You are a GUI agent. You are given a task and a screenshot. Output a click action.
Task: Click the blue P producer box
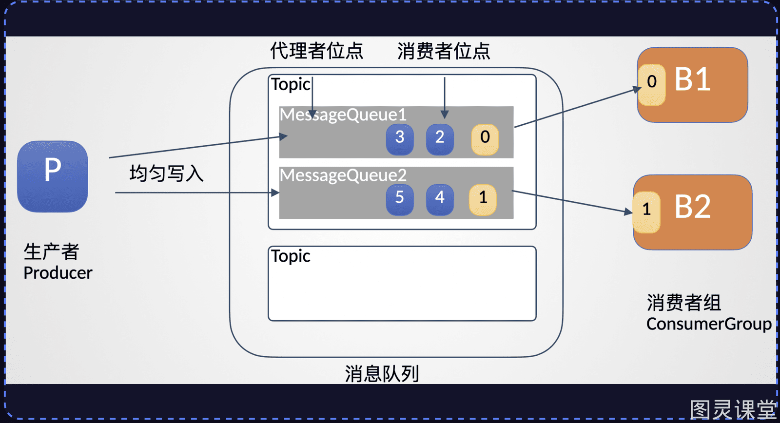53,176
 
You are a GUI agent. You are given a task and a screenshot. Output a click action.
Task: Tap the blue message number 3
400,139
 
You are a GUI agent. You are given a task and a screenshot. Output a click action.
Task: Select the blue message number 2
440,139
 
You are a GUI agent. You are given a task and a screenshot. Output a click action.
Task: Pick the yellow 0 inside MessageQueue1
485,139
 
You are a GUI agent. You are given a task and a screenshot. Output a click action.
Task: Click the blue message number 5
400,199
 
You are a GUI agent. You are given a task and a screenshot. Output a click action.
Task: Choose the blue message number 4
440,199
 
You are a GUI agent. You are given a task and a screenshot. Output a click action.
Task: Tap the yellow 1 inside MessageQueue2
483,199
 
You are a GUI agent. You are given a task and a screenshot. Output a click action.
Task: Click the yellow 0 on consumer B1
651,85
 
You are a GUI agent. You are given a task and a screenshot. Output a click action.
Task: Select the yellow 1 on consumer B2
646,212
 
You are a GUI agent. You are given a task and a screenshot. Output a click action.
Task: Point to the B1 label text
692,80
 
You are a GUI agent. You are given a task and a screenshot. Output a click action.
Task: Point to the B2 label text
692,207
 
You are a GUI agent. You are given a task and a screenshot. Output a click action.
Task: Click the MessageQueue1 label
343,115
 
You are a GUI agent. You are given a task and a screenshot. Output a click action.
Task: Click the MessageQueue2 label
343,175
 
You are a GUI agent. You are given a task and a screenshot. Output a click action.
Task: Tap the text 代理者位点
316,51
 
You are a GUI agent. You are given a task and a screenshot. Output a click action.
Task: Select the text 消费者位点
444,51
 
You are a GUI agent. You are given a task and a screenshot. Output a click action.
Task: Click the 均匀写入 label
166,173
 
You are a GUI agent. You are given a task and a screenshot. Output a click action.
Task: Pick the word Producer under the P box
58,273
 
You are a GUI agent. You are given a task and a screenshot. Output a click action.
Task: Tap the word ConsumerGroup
709,325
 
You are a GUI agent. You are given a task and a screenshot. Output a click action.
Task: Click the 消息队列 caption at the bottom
382,374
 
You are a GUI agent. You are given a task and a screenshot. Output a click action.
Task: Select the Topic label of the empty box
291,257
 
